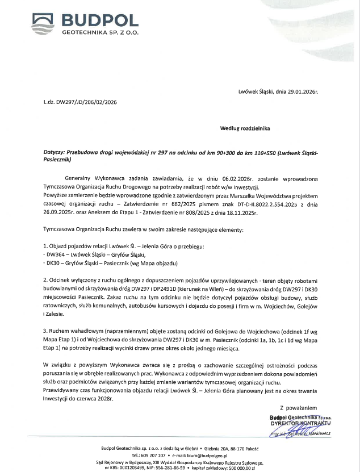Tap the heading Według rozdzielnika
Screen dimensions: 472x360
[x=245, y=128]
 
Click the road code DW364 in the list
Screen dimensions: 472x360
[x=56, y=256]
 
